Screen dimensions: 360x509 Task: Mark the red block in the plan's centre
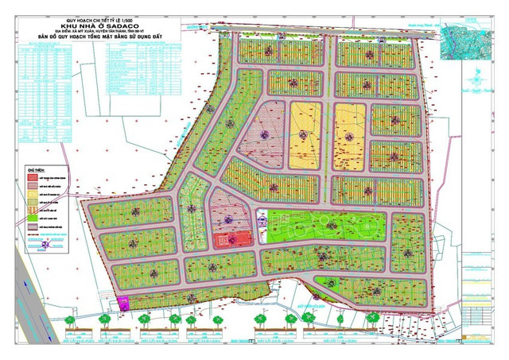[238, 239]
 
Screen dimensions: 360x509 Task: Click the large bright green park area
[326, 226]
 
